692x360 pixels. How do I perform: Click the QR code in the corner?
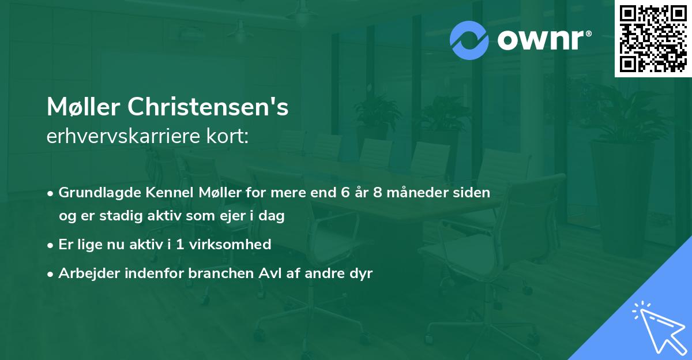653,39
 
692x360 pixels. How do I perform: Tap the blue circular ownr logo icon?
469,40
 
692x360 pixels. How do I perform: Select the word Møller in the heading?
84,107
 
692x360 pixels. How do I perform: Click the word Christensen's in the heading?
208,107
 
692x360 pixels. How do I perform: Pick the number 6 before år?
345,192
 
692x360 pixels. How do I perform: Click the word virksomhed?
236,244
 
